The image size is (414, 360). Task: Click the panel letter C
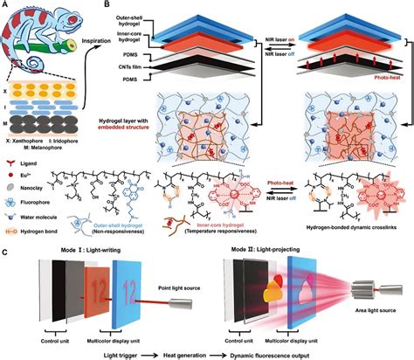(x=5, y=254)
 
